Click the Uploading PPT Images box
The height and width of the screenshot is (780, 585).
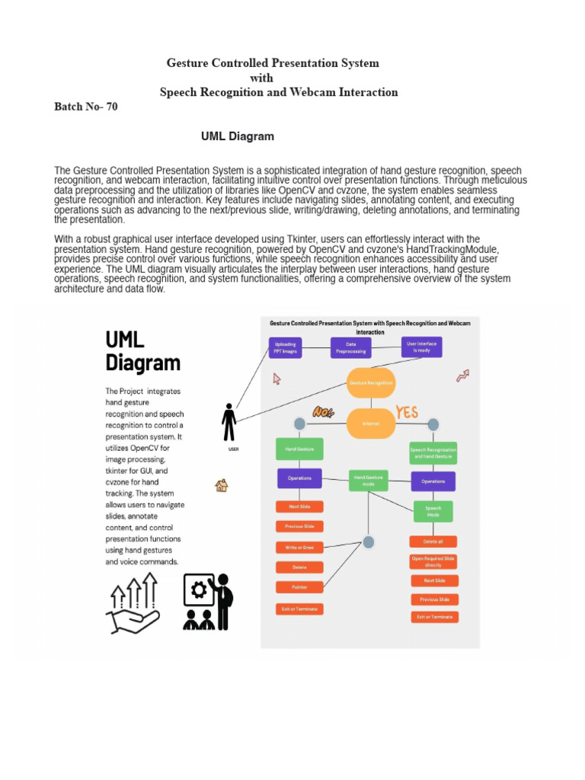[x=286, y=348]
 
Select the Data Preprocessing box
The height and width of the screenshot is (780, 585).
[x=350, y=348]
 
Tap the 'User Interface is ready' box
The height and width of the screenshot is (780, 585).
[x=421, y=347]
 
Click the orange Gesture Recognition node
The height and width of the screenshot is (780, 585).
[x=371, y=383]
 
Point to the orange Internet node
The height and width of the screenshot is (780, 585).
[x=371, y=423]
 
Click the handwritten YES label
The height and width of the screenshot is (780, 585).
[x=408, y=412]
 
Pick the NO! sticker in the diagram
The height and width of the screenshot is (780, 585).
[x=323, y=412]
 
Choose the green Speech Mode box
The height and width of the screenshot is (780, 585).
[x=433, y=512]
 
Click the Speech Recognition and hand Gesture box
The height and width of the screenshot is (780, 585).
[x=433, y=452]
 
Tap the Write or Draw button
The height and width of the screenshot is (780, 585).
[x=299, y=547]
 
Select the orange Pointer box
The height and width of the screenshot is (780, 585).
[x=299, y=587]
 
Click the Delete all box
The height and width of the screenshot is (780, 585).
[x=433, y=542]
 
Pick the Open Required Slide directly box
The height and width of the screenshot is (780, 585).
[x=433, y=561]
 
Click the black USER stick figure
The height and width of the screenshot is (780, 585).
[x=229, y=423]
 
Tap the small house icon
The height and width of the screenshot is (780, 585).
[x=222, y=485]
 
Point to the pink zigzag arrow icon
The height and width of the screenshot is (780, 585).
[x=462, y=376]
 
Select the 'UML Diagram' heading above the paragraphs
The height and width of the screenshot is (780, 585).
[x=237, y=136]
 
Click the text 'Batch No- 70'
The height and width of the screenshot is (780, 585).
[x=86, y=107]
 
